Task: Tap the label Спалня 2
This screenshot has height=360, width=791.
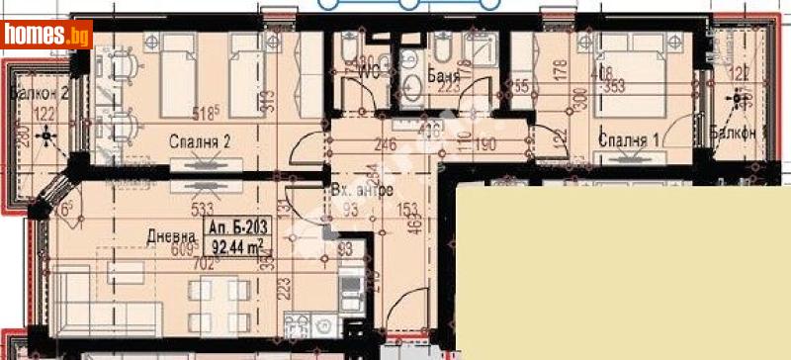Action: click(199, 141)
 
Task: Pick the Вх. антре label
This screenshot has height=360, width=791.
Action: click(363, 190)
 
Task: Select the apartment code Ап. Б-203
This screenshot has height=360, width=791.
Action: click(236, 228)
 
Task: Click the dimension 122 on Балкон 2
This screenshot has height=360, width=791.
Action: click(44, 115)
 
